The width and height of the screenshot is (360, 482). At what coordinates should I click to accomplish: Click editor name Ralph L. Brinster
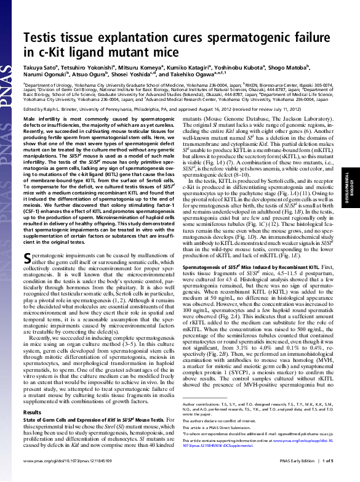(68, 108)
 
